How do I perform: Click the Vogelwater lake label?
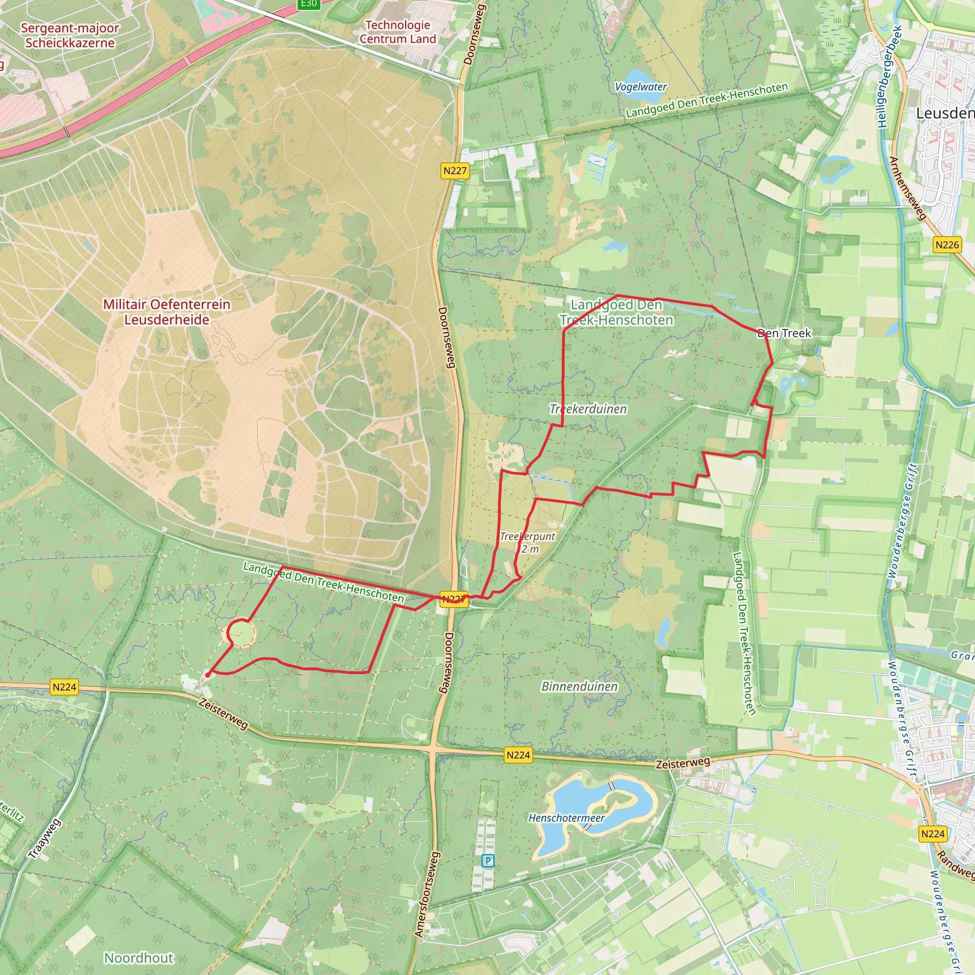point(640,87)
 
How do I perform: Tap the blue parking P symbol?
point(487,860)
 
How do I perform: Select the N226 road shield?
point(947,245)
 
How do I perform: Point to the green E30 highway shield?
point(308,3)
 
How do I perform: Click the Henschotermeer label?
point(566,817)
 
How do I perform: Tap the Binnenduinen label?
point(579,686)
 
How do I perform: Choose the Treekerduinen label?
point(588,409)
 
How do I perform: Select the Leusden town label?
point(945,114)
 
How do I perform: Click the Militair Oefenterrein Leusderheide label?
point(167,312)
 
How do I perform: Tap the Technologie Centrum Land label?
point(398,32)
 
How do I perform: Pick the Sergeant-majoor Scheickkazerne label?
point(70,35)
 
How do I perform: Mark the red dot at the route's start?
point(208,674)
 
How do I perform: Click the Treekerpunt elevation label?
point(527,542)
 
